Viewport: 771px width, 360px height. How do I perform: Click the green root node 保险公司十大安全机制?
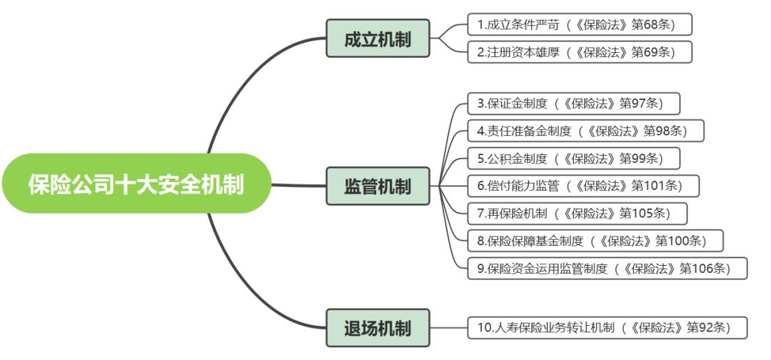(136, 184)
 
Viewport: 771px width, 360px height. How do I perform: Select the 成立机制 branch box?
(378, 39)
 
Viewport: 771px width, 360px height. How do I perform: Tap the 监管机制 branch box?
(378, 186)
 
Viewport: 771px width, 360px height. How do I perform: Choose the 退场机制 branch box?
(378, 328)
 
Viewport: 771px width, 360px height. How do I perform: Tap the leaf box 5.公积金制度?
(574, 157)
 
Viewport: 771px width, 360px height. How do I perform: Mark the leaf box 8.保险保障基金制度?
(595, 239)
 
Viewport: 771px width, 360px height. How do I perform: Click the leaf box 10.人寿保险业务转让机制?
(608, 328)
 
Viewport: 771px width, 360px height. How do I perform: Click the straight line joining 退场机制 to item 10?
(449, 328)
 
